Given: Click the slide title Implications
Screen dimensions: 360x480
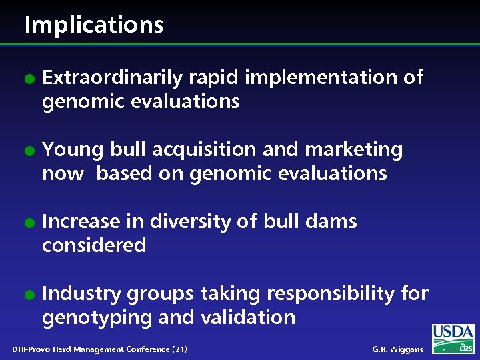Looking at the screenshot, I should (x=93, y=25).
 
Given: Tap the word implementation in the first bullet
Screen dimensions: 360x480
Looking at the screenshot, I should (x=323, y=78).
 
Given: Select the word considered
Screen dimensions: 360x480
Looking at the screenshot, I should (x=93, y=245).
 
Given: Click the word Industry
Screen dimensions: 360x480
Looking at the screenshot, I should (x=82, y=293).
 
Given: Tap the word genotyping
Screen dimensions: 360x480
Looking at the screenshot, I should (x=97, y=317).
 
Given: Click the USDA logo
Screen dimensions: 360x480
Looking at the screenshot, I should (x=453, y=333).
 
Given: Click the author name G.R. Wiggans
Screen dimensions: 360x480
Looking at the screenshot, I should (x=397, y=349).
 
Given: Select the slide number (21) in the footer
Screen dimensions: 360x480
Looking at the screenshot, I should (x=179, y=349).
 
